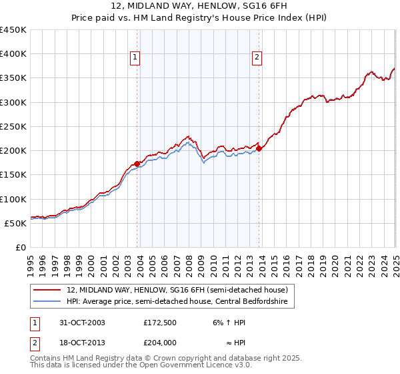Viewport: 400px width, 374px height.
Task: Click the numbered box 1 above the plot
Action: coord(135,58)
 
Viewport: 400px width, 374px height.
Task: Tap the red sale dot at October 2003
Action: coord(137,164)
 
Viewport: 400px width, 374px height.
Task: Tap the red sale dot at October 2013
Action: coord(259,148)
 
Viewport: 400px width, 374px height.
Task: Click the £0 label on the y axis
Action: coord(20,247)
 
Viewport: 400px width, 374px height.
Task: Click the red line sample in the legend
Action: coord(48,291)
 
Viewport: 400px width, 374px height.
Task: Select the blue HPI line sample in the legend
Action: coord(48,302)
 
